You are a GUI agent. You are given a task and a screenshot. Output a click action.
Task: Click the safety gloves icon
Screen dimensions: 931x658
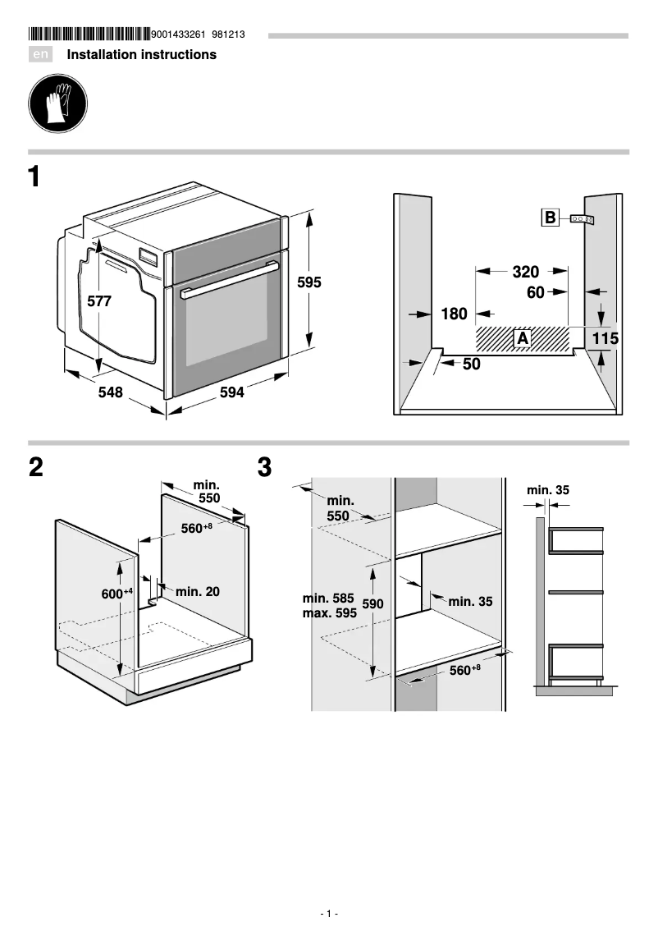tap(57, 103)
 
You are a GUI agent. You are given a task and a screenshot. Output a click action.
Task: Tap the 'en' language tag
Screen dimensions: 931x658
tap(40, 55)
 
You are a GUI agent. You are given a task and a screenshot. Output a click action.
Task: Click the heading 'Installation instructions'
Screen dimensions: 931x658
tap(141, 55)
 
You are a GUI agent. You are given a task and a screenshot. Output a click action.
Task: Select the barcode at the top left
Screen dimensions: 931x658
tap(89, 34)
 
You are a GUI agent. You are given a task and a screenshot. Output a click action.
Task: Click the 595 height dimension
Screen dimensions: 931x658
tap(309, 282)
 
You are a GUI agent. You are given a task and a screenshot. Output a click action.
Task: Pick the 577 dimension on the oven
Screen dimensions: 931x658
tap(99, 301)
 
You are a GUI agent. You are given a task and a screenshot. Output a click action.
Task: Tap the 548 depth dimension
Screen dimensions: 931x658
tap(110, 393)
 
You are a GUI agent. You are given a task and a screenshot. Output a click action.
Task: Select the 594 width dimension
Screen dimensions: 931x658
tap(232, 393)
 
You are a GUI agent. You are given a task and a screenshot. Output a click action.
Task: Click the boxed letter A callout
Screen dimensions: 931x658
tap(522, 337)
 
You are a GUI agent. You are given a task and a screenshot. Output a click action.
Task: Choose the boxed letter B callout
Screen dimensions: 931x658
tap(550, 218)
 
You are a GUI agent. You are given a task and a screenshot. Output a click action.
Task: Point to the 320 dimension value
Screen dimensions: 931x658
tap(525, 272)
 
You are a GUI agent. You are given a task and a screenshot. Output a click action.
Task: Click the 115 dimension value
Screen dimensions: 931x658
tap(605, 337)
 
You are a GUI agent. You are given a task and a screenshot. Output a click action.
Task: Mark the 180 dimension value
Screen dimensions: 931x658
tap(454, 314)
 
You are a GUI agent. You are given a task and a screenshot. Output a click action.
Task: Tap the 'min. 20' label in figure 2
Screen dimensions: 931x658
tap(197, 591)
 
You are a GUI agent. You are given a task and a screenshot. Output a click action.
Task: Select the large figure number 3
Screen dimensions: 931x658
tap(264, 468)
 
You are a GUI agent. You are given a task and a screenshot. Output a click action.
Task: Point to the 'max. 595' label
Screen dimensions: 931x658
tap(330, 612)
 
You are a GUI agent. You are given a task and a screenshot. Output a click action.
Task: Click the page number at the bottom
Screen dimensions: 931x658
tap(329, 914)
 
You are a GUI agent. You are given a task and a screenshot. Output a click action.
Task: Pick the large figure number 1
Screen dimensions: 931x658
tap(35, 177)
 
